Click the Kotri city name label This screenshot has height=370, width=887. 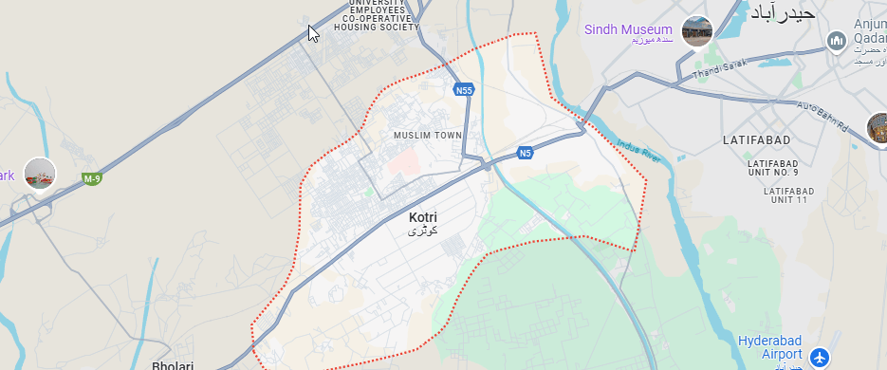click(423, 217)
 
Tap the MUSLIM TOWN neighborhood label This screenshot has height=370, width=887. click(427, 136)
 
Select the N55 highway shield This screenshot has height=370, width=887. click(463, 90)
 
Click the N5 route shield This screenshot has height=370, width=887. click(525, 153)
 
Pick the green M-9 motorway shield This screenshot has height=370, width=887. click(91, 178)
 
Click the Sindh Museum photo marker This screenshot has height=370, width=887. click(697, 31)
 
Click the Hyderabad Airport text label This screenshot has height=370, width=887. click(774, 347)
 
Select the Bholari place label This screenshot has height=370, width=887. click(173, 365)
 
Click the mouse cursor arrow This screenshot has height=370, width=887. click(313, 32)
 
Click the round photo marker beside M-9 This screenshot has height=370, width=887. click(40, 174)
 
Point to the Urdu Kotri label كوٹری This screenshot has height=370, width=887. click(422, 231)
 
